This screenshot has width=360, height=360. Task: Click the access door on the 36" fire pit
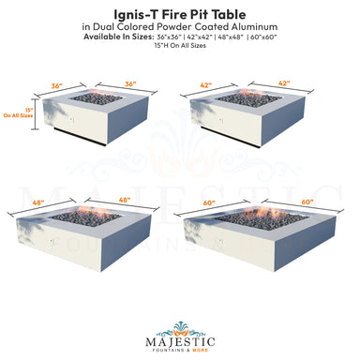tap(63, 125)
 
